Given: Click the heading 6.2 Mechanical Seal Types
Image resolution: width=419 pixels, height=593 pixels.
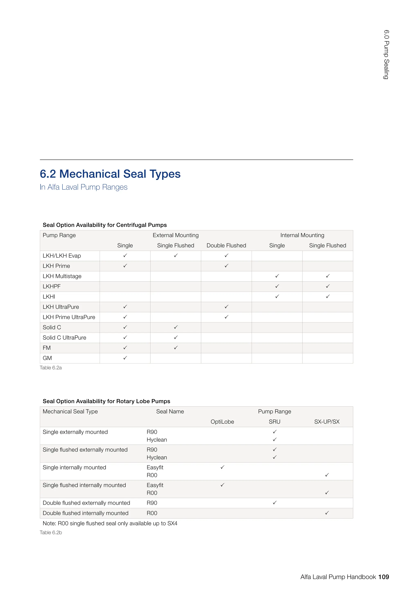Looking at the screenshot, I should (110, 174).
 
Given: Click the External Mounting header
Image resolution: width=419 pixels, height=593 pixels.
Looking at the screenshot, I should (176, 235).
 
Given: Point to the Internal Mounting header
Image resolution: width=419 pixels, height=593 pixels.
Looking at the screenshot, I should (302, 235).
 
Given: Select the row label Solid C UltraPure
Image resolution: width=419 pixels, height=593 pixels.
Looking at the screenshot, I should (64, 338).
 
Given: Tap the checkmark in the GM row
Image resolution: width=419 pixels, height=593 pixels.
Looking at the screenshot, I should (125, 358).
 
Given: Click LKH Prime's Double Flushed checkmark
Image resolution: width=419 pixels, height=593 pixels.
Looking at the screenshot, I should (226, 266).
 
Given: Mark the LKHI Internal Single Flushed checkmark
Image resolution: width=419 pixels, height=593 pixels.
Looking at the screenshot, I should (328, 296).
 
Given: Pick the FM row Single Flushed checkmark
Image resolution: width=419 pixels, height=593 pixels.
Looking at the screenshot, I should (176, 348).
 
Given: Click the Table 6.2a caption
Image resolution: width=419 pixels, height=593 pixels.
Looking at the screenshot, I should (51, 368).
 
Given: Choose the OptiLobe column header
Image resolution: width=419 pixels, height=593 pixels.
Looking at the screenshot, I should (222, 422).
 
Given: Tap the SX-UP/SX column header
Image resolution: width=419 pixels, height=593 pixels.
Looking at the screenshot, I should (327, 422).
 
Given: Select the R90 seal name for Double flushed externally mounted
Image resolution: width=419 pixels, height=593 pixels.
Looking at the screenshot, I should (152, 503).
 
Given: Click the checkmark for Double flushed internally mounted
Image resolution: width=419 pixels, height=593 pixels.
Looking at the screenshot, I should (327, 513).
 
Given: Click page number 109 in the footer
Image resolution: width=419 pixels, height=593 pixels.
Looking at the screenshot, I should (383, 577).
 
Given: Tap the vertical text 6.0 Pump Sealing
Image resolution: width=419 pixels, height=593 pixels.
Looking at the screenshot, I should (386, 54).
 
